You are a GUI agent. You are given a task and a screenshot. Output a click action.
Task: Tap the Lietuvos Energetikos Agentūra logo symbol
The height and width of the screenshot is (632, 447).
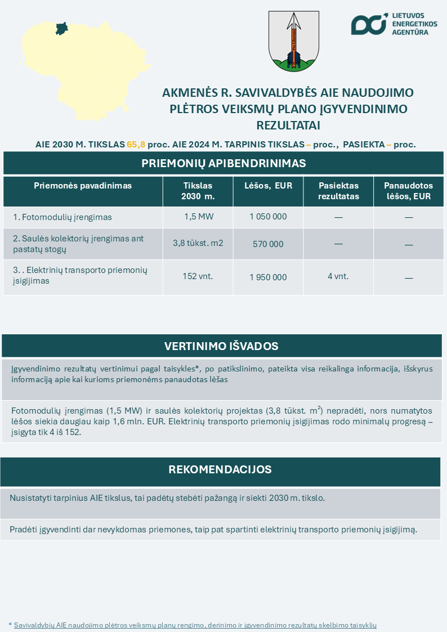(369, 24)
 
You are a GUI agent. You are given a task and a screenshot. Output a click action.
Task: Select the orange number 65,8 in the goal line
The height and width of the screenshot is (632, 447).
(136, 144)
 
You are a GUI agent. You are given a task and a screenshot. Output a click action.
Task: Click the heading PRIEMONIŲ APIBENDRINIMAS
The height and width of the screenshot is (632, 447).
(223, 163)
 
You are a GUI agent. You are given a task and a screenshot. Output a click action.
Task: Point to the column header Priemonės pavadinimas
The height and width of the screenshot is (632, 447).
(83, 186)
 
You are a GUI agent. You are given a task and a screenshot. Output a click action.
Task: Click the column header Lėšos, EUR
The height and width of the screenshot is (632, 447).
(268, 186)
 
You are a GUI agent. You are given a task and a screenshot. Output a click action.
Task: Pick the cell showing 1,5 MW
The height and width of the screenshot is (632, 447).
(198, 217)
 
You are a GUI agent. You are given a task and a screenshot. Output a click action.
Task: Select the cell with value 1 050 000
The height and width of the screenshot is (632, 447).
(268, 217)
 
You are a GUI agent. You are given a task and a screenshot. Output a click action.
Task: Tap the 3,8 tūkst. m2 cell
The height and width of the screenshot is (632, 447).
(198, 244)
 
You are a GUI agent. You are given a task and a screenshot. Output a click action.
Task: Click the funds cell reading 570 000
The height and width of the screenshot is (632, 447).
(268, 244)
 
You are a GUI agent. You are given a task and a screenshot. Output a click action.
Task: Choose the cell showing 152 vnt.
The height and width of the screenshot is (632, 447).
(198, 276)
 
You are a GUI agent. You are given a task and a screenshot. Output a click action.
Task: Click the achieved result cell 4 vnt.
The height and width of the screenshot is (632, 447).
(338, 276)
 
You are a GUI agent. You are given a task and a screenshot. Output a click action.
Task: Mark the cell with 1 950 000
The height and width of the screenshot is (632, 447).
(268, 277)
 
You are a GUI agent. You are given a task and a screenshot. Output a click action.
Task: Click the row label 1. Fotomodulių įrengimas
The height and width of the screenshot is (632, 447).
(62, 217)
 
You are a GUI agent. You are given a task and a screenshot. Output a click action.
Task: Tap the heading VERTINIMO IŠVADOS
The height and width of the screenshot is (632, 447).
(221, 346)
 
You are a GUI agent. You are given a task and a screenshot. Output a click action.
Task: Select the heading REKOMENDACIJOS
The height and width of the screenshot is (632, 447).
(220, 469)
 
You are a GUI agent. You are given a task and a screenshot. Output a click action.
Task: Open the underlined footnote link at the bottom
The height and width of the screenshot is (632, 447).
(195, 625)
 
